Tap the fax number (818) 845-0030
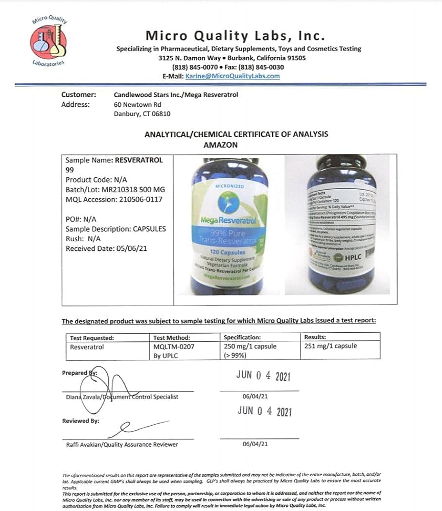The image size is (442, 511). (266, 67)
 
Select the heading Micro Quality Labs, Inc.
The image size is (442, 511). (235, 35)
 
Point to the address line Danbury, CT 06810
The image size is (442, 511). (142, 114)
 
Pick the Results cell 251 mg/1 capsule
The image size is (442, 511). (331, 346)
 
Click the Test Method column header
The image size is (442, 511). (172, 337)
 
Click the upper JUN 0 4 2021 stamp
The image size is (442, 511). (263, 376)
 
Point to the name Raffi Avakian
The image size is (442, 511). (86, 445)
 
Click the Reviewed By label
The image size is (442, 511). (81, 421)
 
